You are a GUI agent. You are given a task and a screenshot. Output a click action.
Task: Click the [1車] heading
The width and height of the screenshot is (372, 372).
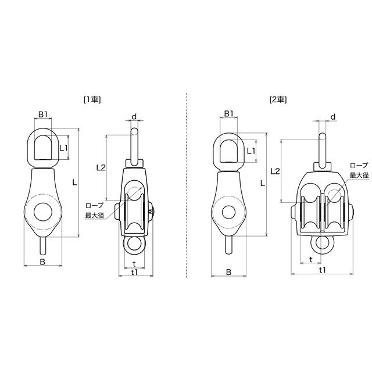coord(92,100)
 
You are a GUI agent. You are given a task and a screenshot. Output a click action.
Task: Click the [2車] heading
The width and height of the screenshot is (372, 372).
coord(278,100)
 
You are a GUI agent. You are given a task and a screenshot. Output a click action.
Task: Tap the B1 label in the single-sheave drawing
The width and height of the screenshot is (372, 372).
coord(43,115)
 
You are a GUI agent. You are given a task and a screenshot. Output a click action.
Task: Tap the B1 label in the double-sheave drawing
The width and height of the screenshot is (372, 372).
coord(228,114)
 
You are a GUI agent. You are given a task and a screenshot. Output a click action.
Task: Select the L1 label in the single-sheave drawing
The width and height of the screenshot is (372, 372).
coord(63,148)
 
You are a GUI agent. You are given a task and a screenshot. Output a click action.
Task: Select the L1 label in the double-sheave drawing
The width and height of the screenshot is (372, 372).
coord(251,151)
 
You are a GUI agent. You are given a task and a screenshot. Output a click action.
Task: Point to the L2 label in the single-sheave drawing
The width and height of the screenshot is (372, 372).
coord(101,168)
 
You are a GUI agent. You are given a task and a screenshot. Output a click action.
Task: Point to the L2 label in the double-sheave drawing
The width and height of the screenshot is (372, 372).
coord(275,171)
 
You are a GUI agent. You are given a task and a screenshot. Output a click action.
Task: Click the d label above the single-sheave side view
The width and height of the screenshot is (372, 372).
coord(134,116)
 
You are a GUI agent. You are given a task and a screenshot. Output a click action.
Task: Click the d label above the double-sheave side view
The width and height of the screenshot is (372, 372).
coord(333,117)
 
